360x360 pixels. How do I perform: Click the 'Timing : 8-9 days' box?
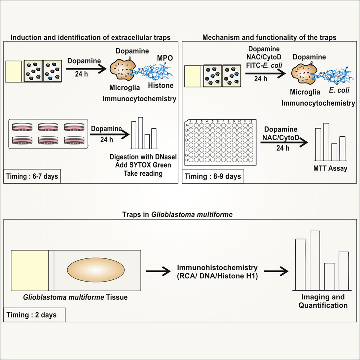[x=213, y=177]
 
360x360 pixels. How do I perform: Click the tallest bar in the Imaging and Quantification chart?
[x=315, y=260]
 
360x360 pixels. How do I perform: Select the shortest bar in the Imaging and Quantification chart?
[x=329, y=276]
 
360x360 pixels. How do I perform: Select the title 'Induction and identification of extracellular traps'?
[x=90, y=37]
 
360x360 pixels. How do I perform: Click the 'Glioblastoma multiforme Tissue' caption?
[x=75, y=297]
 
